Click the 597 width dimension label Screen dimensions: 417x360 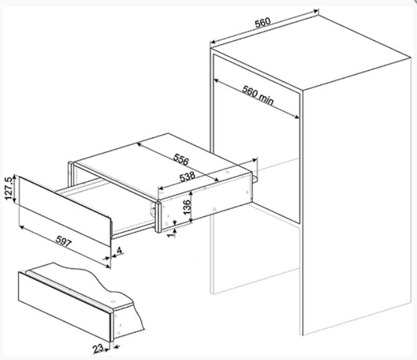pos(63,241)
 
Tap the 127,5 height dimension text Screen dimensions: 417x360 pos(9,188)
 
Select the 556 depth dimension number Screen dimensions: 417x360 pos(181,159)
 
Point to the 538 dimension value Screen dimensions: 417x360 pos(187,177)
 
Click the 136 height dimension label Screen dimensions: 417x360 pos(187,207)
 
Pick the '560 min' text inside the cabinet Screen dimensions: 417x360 pos(258,96)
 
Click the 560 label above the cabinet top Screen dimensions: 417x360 pos(263,22)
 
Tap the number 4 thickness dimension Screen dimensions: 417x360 pos(119,251)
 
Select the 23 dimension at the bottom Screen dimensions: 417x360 pos(98,349)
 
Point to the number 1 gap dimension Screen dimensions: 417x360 pos(172,234)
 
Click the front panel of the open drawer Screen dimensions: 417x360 pos(65,211)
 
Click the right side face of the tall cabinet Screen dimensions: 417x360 pos(357,197)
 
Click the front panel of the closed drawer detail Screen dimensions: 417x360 pos(65,307)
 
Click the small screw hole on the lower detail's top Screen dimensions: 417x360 pos(113,302)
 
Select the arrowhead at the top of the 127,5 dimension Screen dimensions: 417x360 pos(16,177)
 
